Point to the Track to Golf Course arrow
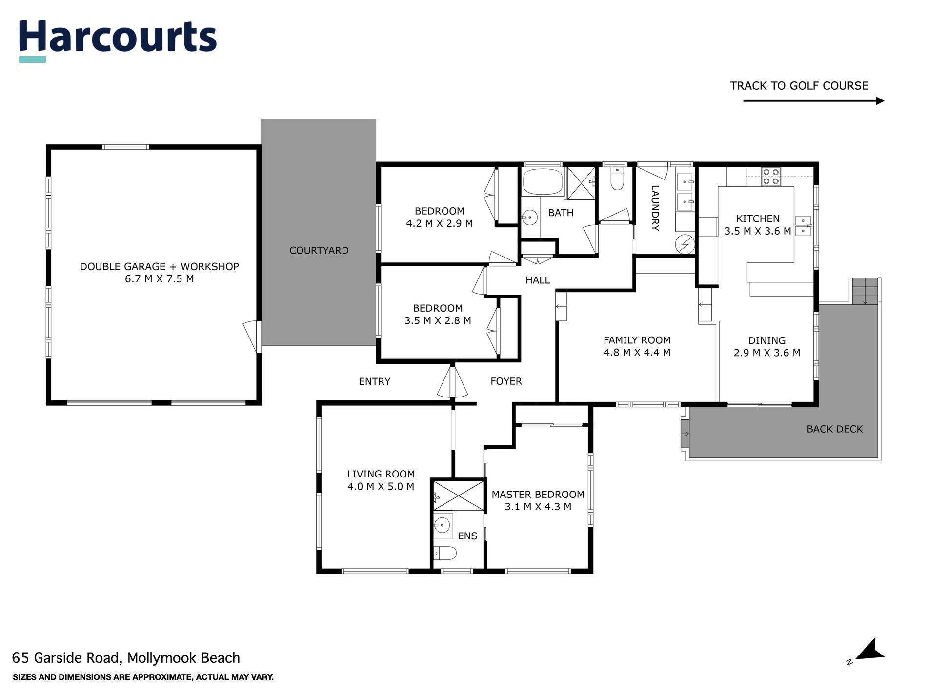pos(813,101)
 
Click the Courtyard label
pos(319,250)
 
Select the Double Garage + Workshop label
pos(160,266)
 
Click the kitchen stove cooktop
pos(771,176)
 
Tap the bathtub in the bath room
pos(543,182)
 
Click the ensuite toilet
pos(445,553)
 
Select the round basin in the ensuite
pos(442,525)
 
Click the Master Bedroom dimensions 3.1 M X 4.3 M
pos(538,507)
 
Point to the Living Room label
pos(381,474)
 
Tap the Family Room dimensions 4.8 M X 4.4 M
pos(637,352)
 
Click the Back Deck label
pos(835,429)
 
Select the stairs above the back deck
pos(865,291)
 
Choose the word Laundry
pos(655,208)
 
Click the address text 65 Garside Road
pos(66,658)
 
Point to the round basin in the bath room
pos(530,217)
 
